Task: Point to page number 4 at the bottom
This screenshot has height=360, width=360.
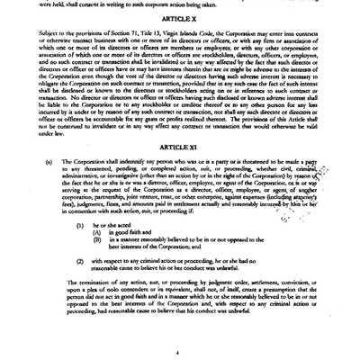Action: point(181,354)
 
